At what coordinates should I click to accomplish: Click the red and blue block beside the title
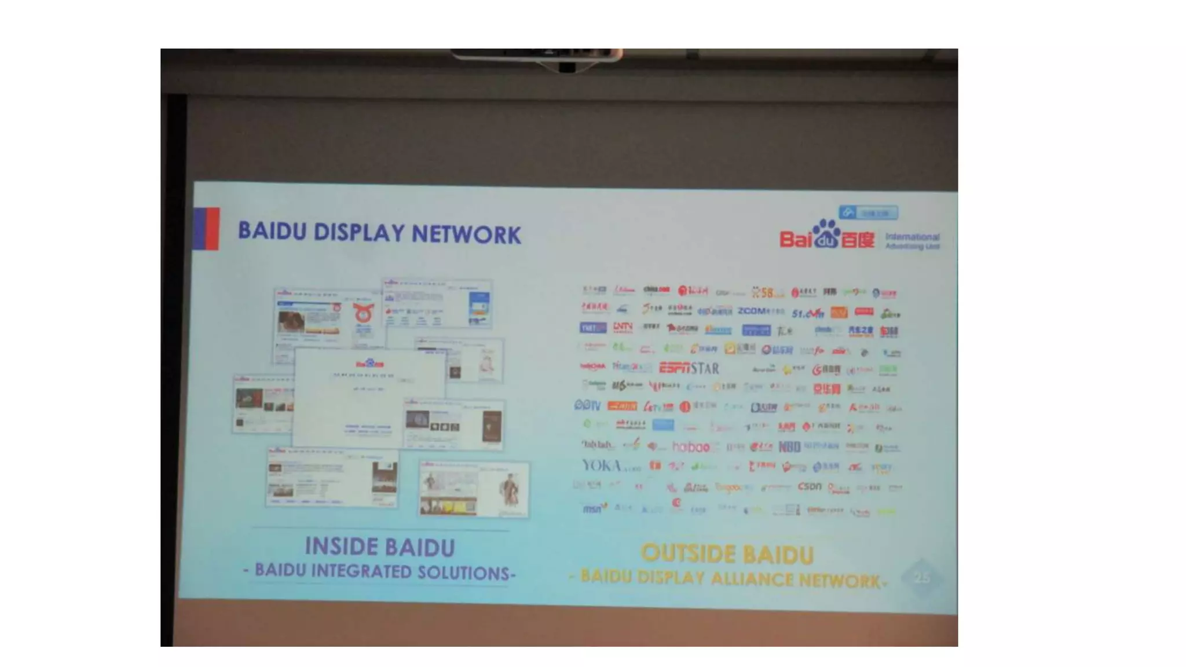tap(206, 229)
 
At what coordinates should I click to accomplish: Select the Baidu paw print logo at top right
tap(826, 234)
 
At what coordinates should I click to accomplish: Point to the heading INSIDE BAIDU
tap(379, 547)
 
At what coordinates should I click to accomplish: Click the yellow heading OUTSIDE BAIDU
tap(727, 554)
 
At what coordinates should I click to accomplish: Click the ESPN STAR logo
tap(689, 368)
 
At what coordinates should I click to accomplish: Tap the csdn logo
tap(809, 487)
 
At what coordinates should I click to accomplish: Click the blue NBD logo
tap(789, 446)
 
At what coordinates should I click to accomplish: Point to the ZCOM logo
tap(760, 311)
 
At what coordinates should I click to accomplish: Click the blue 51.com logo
tap(807, 313)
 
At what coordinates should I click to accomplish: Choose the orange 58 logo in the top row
tap(768, 292)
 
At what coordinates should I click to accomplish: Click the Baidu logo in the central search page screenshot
tap(369, 364)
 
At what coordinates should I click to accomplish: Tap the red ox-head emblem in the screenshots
tap(364, 313)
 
